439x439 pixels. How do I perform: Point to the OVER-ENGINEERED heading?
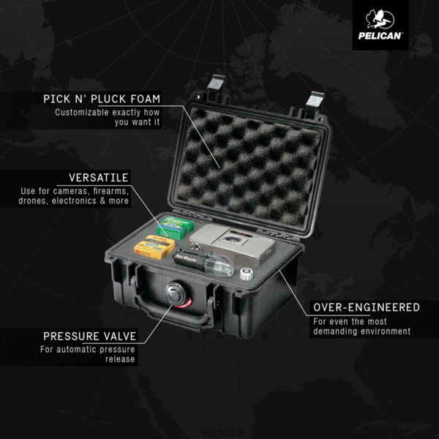tap(365, 307)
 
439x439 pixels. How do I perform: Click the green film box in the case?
tap(175, 230)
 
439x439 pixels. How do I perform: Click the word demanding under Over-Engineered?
tap(336, 331)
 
